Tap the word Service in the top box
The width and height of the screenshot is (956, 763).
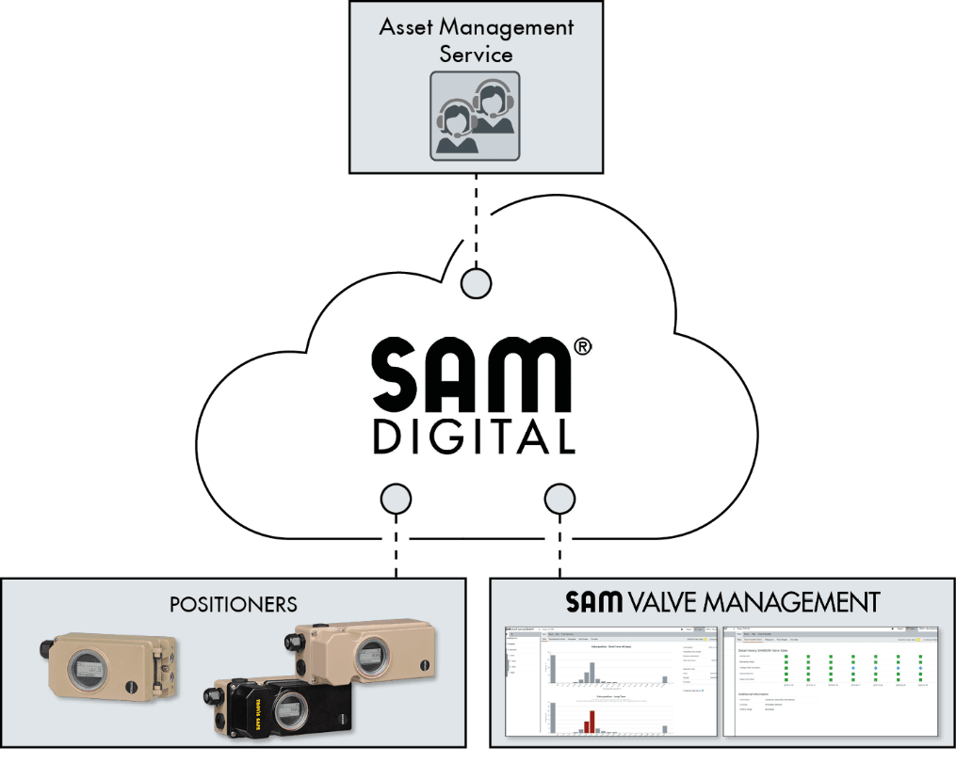click(476, 55)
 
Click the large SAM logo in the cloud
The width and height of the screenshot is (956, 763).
click(471, 374)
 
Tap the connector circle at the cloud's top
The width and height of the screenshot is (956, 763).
click(476, 282)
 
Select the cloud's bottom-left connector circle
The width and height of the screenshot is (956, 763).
click(395, 498)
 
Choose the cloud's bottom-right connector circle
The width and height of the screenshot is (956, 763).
click(560, 498)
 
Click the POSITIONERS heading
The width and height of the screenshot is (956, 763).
click(234, 604)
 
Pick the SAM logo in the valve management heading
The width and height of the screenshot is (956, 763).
click(594, 602)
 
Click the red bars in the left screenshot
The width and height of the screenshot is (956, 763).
click(590, 721)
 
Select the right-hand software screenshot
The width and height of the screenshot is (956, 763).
click(831, 680)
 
